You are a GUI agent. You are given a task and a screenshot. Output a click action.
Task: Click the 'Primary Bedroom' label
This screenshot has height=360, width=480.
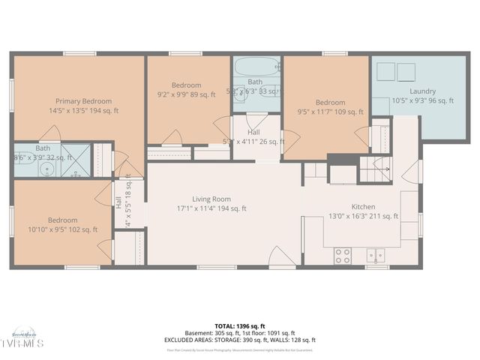[x=83, y=101]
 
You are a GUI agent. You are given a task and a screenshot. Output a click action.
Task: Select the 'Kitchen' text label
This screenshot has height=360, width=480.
[x=364, y=207]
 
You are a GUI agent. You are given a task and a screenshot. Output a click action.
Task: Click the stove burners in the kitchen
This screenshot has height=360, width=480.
[x=342, y=256]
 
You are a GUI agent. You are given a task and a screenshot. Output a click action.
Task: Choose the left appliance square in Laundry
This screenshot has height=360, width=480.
[x=386, y=72]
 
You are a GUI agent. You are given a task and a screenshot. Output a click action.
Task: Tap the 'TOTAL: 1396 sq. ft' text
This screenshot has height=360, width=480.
[x=240, y=326]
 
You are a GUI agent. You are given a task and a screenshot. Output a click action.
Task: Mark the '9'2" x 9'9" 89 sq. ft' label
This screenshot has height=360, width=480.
[x=187, y=94]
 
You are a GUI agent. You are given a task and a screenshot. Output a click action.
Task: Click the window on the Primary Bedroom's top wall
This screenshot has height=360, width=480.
[x=78, y=53]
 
